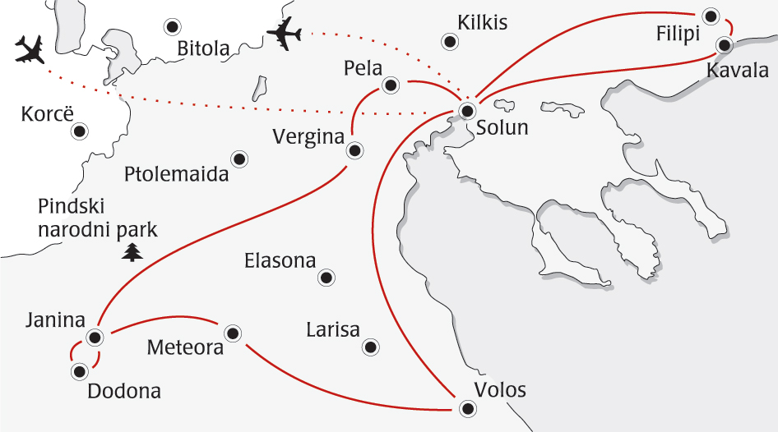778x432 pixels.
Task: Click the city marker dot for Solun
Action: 467,110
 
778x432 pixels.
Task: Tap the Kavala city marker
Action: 725,45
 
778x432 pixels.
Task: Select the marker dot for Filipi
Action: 711,15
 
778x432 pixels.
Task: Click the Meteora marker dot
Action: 233,333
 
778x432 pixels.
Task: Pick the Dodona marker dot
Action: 79,371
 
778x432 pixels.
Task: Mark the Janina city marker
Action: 95,337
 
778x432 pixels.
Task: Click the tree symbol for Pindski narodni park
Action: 132,252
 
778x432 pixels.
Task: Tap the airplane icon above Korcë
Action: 31,50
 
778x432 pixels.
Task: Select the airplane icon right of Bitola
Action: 285,34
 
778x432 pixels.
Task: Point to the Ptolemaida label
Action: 177,174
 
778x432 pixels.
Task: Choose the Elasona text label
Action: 280,261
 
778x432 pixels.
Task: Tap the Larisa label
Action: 333,330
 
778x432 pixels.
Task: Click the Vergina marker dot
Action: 354,150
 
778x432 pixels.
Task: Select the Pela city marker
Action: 391,84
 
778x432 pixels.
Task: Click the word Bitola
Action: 203,49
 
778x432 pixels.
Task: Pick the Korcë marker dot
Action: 80,131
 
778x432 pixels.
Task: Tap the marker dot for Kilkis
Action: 449,41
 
